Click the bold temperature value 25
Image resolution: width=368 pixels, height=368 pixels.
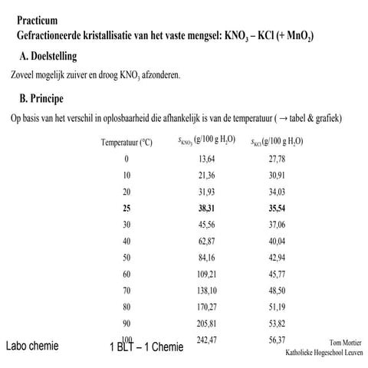point(126,208)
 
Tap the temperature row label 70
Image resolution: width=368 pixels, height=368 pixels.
point(126,290)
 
